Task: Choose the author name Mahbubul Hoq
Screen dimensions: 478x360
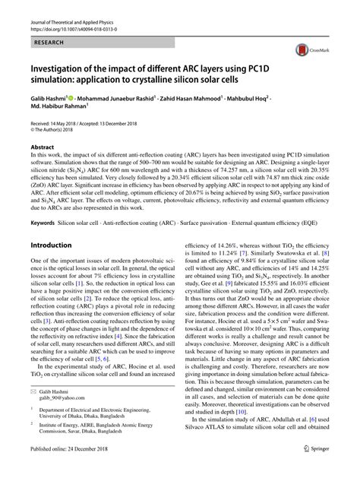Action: pyautogui.click(x=289, y=119)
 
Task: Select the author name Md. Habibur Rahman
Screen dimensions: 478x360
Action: pyautogui.click(x=62, y=129)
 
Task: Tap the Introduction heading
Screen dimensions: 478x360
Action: pyautogui.click(x=55, y=247)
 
